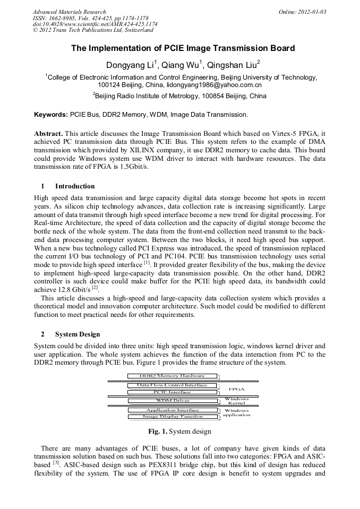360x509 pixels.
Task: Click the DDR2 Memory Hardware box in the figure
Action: coord(172,376)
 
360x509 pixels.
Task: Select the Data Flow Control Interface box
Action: coord(173,385)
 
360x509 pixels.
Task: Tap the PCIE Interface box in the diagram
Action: coord(173,392)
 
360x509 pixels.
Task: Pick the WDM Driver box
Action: coord(173,401)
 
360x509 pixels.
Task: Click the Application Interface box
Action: coord(173,410)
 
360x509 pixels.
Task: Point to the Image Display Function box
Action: coord(173,417)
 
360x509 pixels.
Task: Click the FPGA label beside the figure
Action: coord(236,389)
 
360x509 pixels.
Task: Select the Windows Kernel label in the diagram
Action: coord(236,401)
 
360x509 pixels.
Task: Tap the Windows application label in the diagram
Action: coord(236,412)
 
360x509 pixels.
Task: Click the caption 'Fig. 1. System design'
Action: coord(180,432)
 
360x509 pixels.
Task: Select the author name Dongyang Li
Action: coord(131,65)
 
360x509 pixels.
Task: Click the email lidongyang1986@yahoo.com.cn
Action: coord(214,85)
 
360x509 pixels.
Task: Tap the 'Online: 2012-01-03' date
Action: coord(302,12)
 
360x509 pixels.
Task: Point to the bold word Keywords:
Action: coord(51,115)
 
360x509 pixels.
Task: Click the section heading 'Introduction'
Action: coord(75,186)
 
